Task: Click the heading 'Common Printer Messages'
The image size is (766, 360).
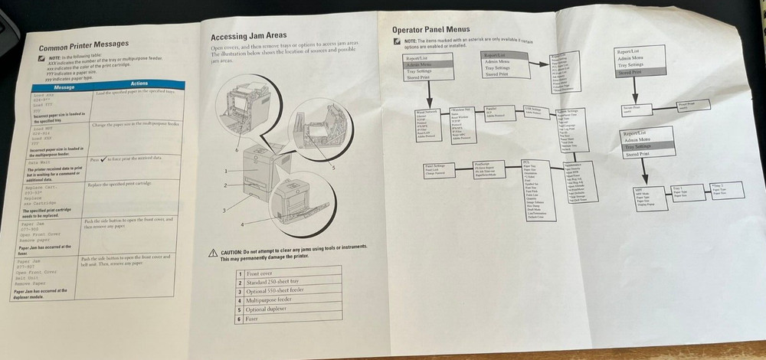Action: tap(83, 44)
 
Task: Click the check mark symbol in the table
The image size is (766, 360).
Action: tap(104, 160)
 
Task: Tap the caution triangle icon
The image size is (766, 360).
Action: tap(213, 252)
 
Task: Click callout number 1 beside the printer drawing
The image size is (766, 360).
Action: tap(227, 171)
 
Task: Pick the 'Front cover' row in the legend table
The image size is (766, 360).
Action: tap(287, 273)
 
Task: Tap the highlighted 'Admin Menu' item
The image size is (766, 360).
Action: tap(427, 65)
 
